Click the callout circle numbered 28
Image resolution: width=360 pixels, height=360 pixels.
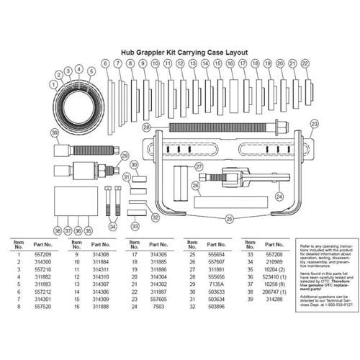pyautogui.click(x=146, y=127)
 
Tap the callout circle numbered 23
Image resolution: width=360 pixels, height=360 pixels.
pyautogui.click(x=313, y=123)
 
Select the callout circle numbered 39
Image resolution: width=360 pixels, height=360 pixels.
pyautogui.click(x=55, y=133)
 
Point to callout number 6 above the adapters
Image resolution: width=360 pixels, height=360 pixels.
pyautogui.click(x=105, y=64)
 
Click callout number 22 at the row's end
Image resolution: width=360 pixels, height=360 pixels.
pyautogui.click(x=305, y=64)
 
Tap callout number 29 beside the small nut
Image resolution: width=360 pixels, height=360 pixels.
pyautogui.click(x=124, y=156)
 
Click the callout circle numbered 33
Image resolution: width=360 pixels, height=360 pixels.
pyautogui.click(x=135, y=227)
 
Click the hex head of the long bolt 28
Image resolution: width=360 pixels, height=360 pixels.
pyautogui.click(x=155, y=127)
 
